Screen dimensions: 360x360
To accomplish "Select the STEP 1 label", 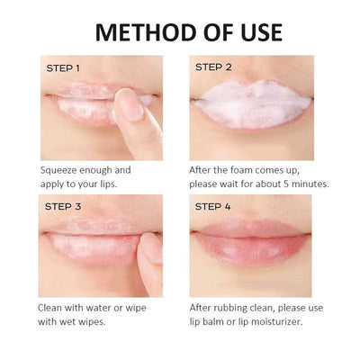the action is [63, 68].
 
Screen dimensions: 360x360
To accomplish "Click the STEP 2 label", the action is [213, 67].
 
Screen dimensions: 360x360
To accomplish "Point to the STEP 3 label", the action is [63, 206].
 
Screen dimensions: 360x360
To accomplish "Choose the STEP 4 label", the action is [213, 206].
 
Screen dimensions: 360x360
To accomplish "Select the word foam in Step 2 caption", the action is [242, 170].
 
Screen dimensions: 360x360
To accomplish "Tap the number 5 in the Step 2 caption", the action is [286, 184].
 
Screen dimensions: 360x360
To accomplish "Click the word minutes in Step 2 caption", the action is [310, 184].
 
